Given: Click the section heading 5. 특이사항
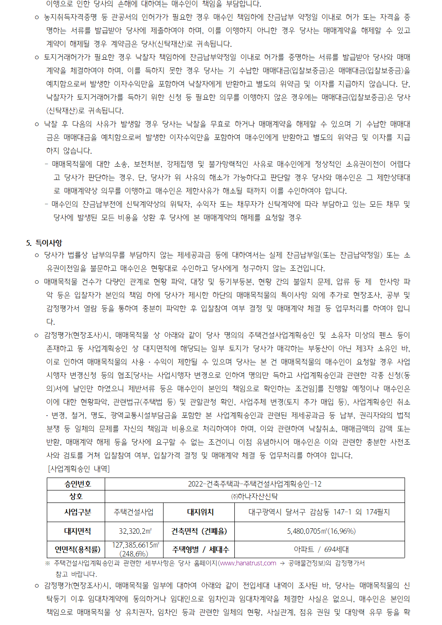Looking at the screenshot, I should coord(44,243).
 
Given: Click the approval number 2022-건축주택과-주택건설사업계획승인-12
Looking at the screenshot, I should coord(254,484).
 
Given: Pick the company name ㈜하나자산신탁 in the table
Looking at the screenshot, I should coord(254,496).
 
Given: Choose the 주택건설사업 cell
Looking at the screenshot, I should coord(134,512).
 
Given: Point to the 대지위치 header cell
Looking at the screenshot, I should coord(199,512).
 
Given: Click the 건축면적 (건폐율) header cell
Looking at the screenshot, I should coord(199,531).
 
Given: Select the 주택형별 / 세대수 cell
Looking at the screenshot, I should coord(199,549).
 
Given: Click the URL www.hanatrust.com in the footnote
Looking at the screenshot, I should coord(248,563).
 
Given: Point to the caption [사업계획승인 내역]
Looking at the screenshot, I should coord(79,469).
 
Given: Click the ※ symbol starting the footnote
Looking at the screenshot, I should coord(48,563).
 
